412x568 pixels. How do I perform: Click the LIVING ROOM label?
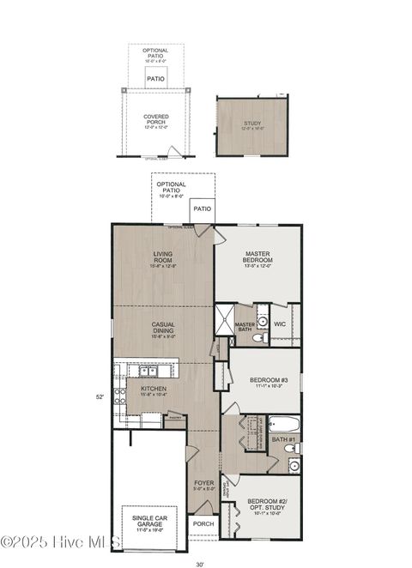pos(163,257)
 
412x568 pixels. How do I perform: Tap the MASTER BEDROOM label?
pos(257,257)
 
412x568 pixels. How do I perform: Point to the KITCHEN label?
pos(154,388)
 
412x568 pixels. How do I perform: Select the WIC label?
pos(280,324)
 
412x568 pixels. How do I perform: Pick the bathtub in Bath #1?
pos(283,423)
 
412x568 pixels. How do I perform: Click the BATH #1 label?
pos(283,440)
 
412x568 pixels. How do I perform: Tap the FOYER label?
pos(203,483)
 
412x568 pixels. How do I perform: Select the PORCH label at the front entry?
pos(203,523)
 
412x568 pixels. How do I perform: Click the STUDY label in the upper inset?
pos(252,124)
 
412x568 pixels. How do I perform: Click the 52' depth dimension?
pos(100,396)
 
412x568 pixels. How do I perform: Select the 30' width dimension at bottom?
pos(200,564)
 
